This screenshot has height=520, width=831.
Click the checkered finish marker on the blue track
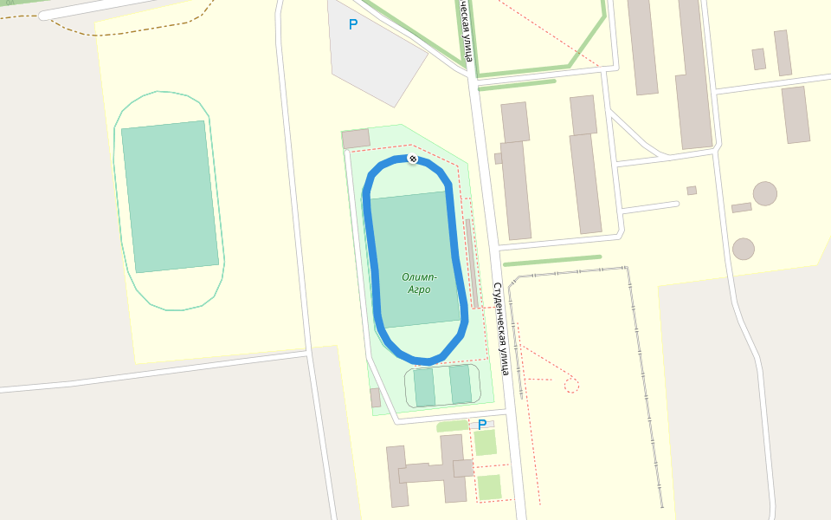(413, 159)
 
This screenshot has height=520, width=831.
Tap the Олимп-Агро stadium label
(420, 283)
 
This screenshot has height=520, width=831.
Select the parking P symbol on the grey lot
(352, 25)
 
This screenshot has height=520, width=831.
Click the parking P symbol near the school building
(482, 425)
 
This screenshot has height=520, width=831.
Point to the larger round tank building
(764, 193)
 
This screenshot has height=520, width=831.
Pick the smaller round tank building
(743, 249)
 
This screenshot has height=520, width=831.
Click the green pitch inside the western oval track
(170, 196)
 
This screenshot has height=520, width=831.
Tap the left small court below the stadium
(424, 387)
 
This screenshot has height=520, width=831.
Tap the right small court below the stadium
(461, 384)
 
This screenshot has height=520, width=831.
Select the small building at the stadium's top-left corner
(356, 139)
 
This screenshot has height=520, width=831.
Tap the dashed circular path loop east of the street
(571, 385)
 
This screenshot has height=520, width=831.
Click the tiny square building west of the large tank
(692, 191)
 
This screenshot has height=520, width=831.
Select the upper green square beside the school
(486, 442)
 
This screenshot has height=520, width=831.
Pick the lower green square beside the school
(489, 487)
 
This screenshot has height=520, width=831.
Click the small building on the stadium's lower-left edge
(375, 398)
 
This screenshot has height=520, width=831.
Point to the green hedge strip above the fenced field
(551, 260)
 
